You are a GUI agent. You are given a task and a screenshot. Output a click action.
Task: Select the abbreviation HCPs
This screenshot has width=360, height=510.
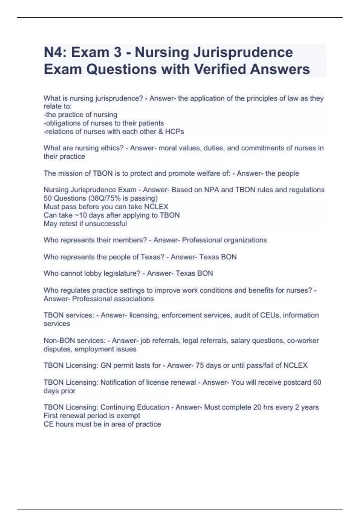175,131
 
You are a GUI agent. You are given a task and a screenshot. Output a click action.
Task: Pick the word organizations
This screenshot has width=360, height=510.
245,240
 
